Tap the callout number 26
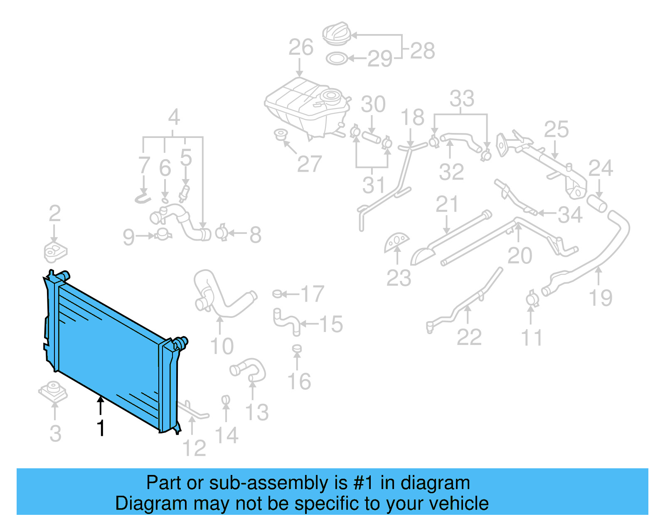tap(301, 47)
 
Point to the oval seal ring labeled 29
tap(337, 59)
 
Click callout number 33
tap(462, 99)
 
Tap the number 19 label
tap(601, 298)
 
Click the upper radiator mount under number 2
tap(55, 251)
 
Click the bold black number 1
tap(101, 428)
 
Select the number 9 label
tap(129, 237)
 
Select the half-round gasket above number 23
tap(397, 242)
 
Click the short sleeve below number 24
tap(597, 204)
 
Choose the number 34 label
tap(570, 215)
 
